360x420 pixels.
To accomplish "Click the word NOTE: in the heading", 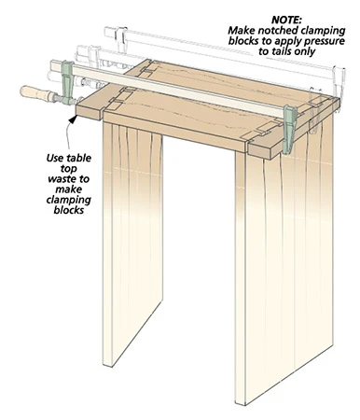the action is tap(286, 20).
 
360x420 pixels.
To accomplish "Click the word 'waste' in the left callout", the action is tap(62, 179).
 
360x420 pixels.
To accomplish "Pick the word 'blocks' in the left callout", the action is tap(69, 210).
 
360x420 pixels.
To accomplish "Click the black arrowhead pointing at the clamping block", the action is tap(73, 119).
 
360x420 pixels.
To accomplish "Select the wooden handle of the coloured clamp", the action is tap(37, 93).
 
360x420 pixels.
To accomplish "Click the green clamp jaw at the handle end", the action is tap(67, 82).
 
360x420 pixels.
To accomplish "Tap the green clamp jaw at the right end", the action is tap(290, 129).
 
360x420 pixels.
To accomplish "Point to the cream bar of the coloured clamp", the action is tap(179, 88).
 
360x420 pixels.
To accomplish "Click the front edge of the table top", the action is tap(175, 131).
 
